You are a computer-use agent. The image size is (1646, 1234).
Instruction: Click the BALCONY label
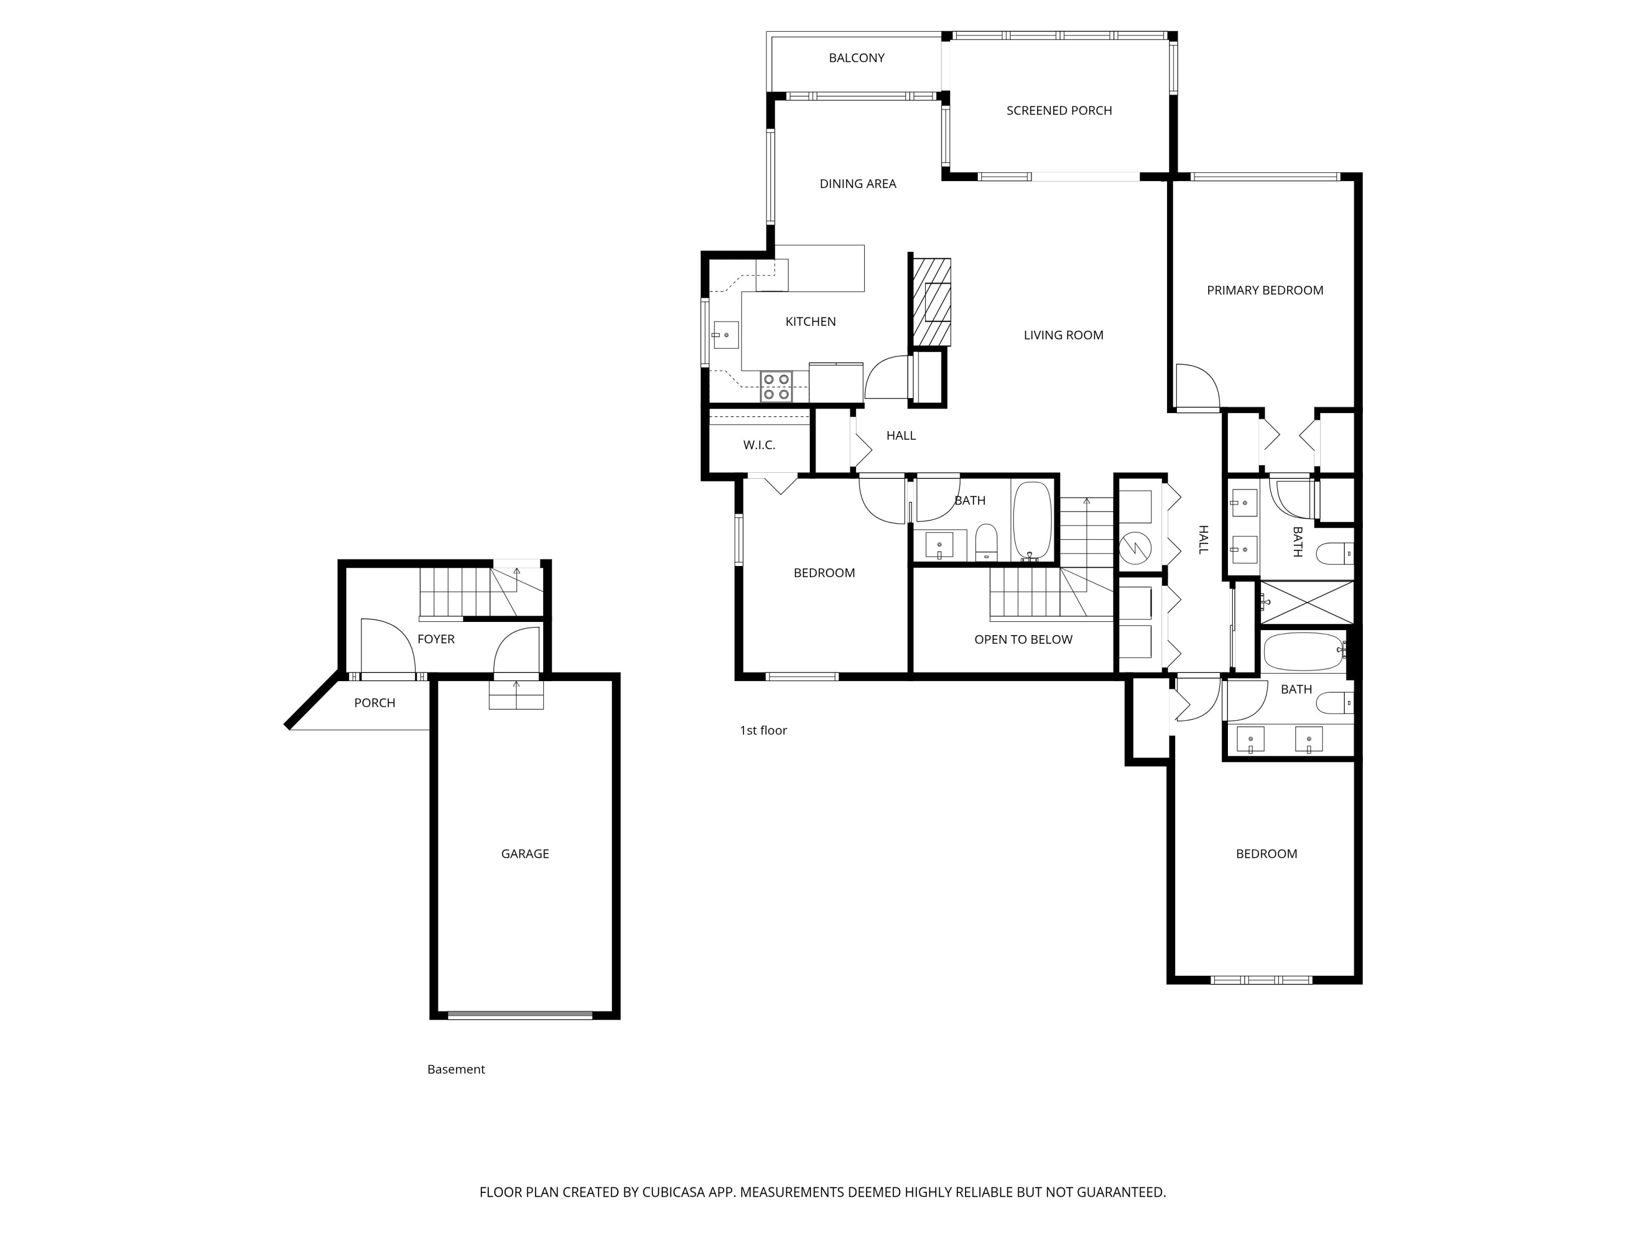[x=856, y=58]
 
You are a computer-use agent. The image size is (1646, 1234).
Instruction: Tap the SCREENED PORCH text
[x=1058, y=111]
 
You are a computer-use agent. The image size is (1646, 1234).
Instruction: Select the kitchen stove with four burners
[x=775, y=387]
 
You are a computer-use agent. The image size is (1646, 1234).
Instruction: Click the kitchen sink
[x=725, y=335]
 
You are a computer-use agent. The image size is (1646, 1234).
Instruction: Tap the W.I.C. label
[x=758, y=445]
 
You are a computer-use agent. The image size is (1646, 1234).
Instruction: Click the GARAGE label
[x=525, y=854]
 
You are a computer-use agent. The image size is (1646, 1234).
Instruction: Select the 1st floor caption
[x=763, y=731]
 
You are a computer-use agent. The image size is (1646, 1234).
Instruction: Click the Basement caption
[x=455, y=1069]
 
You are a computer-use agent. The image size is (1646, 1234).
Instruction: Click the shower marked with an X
[x=1307, y=603]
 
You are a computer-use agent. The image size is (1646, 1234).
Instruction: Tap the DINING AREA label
[x=857, y=184]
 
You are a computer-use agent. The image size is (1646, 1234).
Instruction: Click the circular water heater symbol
[x=1135, y=549]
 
